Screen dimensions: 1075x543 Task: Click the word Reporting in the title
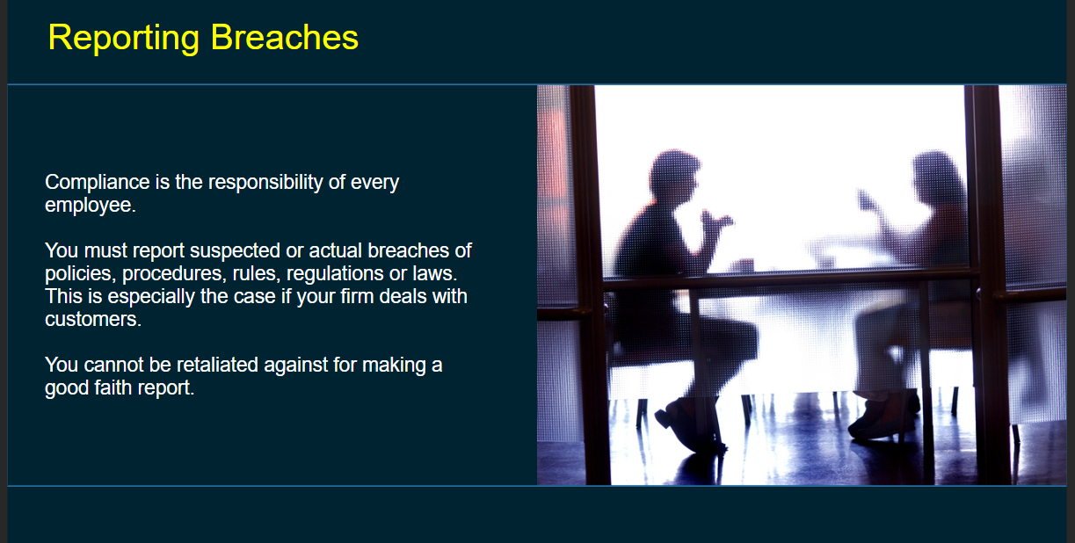tap(123, 39)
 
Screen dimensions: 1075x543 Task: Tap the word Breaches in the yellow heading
tap(285, 37)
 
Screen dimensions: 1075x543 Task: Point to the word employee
tap(91, 206)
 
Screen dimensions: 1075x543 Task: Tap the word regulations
tap(335, 273)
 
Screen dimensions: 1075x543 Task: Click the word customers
tap(93, 320)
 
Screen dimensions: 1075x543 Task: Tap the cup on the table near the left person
tap(744, 265)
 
